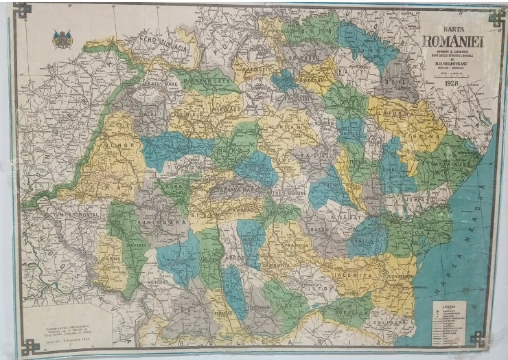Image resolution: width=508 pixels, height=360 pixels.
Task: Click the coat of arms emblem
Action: coord(62,39)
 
